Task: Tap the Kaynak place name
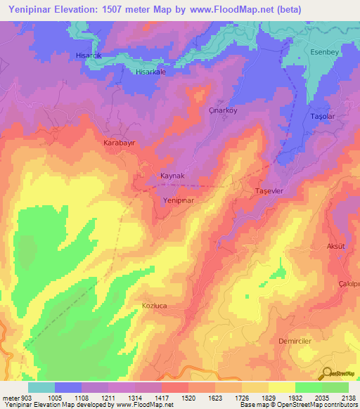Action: pyautogui.click(x=172, y=176)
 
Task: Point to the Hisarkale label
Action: pyautogui.click(x=150, y=72)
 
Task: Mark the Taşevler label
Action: pyautogui.click(x=268, y=191)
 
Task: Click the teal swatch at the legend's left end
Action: pyautogui.click(x=41, y=387)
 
